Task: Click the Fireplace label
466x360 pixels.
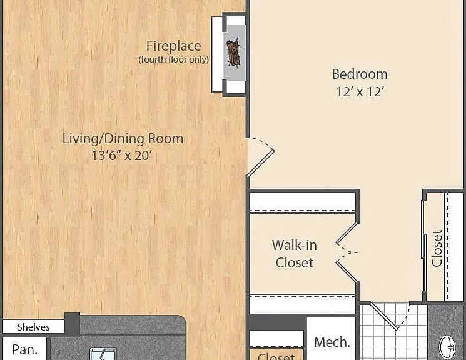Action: click(173, 46)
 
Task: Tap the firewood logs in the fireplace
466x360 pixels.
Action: click(233, 52)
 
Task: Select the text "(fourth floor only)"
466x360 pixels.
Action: click(173, 59)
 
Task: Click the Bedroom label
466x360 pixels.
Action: click(360, 74)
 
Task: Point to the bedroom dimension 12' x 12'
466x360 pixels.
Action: click(360, 91)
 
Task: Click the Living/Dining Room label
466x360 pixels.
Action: click(123, 139)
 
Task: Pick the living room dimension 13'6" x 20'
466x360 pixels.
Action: click(122, 156)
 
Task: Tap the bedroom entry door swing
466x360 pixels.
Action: click(261, 157)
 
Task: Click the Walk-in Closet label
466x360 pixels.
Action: click(294, 254)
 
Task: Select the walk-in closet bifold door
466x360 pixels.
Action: click(347, 252)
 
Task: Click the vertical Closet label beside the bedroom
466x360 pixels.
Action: click(437, 248)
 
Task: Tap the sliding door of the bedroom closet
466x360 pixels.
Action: click(424, 229)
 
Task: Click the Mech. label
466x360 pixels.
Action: click(332, 342)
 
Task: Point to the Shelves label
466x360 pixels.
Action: click(34, 327)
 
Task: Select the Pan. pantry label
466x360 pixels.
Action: click(25, 349)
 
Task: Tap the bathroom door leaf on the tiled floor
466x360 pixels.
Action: click(383, 316)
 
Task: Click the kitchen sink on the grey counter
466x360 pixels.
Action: click(103, 354)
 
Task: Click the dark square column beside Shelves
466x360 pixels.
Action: click(72, 324)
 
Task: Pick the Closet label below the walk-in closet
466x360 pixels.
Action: click(276, 356)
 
